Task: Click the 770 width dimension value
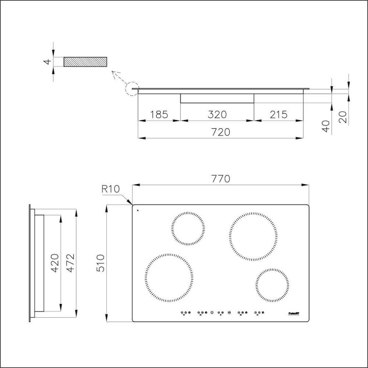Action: [x=221, y=179]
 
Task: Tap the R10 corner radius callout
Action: [x=110, y=190]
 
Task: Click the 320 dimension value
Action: [x=217, y=114]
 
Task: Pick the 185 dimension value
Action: [x=159, y=114]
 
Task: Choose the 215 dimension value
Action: [x=278, y=114]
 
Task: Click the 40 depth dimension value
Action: [x=326, y=126]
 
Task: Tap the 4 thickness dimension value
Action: [x=47, y=61]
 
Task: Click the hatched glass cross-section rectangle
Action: [x=85, y=62]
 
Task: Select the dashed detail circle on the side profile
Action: [x=131, y=89]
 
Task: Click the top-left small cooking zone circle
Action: [x=188, y=229]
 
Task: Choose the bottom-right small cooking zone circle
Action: [x=272, y=285]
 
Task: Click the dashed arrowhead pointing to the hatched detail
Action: [x=114, y=72]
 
